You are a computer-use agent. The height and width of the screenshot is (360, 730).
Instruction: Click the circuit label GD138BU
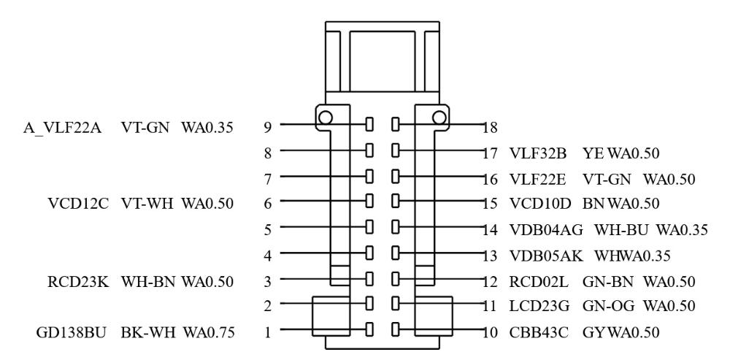click(74, 332)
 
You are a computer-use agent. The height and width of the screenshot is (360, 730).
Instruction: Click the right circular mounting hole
click(439, 117)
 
